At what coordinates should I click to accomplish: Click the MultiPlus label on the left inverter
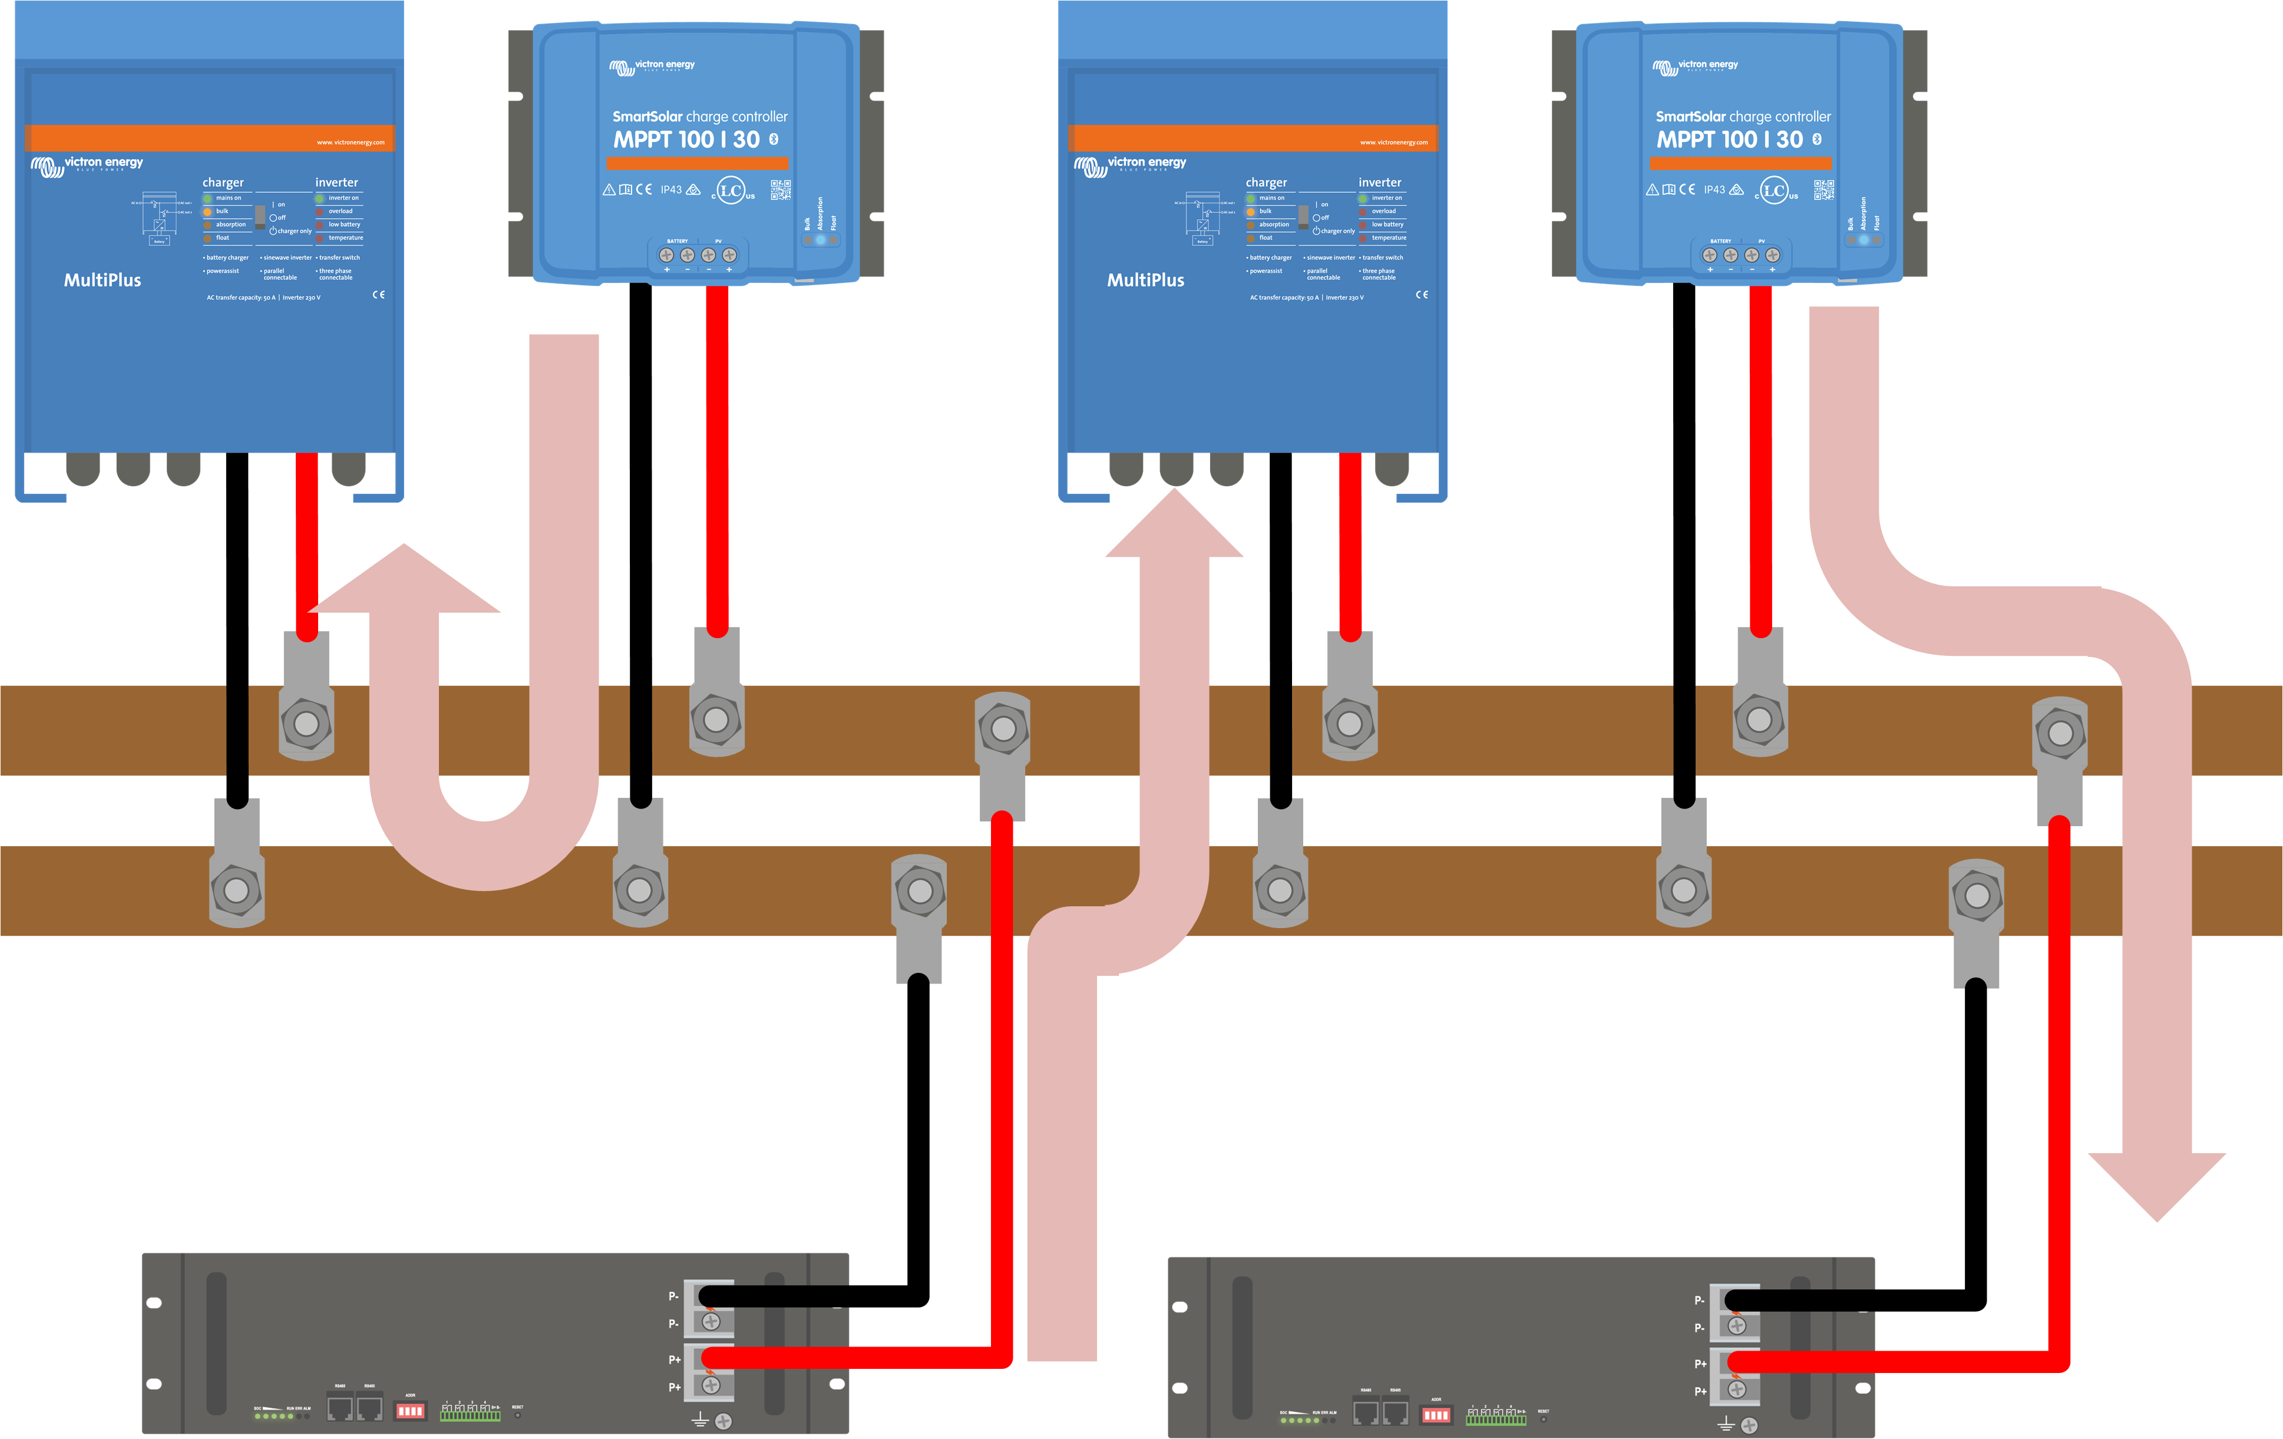click(103, 280)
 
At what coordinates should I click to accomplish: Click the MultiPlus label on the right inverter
click(1145, 280)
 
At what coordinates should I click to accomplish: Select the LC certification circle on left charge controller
click(730, 190)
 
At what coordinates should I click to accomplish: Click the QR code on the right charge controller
click(1823, 190)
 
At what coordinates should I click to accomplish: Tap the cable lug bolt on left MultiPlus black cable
click(237, 890)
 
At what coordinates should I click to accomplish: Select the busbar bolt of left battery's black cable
click(920, 890)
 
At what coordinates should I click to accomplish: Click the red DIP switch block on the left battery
click(409, 1411)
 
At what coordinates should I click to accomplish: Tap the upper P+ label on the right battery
click(1700, 1363)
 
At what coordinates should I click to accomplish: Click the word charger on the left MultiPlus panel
click(223, 182)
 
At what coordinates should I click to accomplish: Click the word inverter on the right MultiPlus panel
click(1379, 182)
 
